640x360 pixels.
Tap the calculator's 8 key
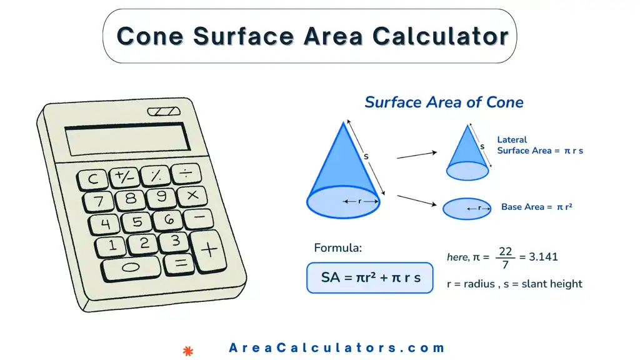pos(131,199)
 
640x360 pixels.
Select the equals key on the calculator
pos(181,263)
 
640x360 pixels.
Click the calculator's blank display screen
pos(128,139)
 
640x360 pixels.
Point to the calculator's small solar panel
pos(164,111)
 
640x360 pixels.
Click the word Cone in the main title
pos(151,36)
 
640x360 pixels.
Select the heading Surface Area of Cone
pos(444,102)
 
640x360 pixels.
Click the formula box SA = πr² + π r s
pos(369,277)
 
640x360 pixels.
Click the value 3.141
pos(542,257)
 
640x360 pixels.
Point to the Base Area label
pos(536,207)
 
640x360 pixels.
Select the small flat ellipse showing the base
pos(467,208)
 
